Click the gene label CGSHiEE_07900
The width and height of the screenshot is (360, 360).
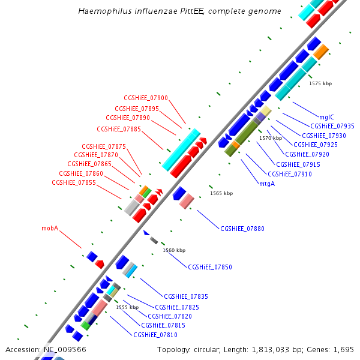(x=146, y=98)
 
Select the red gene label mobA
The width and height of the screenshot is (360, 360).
(x=50, y=229)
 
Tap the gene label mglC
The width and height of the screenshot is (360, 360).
(x=326, y=118)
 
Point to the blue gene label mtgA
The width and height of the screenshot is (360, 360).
(x=267, y=184)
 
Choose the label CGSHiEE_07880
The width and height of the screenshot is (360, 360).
(x=242, y=229)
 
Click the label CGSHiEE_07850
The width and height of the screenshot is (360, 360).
(x=210, y=267)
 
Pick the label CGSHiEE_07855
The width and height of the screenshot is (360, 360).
(x=74, y=182)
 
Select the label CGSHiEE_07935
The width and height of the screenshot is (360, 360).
(x=332, y=127)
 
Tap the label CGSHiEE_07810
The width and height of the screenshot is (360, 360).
(x=155, y=335)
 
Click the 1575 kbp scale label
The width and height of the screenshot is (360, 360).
(x=320, y=84)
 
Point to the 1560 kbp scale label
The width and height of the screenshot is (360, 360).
(x=174, y=250)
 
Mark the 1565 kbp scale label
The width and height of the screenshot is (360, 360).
(x=221, y=193)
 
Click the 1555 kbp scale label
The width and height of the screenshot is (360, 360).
(x=127, y=307)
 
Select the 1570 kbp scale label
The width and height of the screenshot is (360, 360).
(x=271, y=138)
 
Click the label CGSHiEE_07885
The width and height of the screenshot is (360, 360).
(x=119, y=129)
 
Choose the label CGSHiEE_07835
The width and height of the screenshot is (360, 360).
(x=186, y=296)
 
